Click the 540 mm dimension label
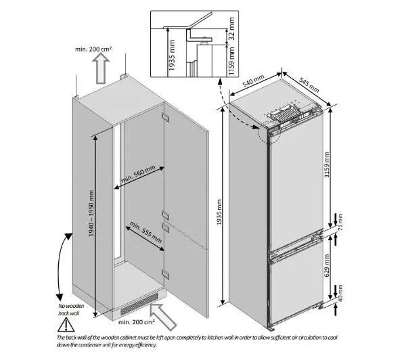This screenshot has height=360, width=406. tap(253, 81)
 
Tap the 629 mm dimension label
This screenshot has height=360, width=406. tap(327, 265)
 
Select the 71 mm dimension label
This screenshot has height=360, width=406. tap(340, 222)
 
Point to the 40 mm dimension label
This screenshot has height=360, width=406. tap(340, 293)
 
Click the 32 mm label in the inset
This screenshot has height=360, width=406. tap(231, 28)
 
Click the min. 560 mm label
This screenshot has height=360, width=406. tap(138, 175)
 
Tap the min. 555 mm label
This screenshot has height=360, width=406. tap(145, 232)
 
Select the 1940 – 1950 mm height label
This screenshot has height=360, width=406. tap(91, 213)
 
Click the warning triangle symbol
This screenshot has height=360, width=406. tap(66, 325)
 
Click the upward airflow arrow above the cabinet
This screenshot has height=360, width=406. tap(101, 68)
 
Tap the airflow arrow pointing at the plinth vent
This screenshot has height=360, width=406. tap(163, 317)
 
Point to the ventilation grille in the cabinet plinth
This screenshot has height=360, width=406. tap(139, 304)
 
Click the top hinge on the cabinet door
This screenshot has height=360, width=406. tap(165, 117)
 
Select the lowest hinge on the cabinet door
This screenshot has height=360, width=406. tap(166, 274)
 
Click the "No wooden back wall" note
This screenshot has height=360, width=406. tap(71, 309)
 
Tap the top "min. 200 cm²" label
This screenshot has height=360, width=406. tap(93, 49)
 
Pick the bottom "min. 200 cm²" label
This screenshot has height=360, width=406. tap(137, 322)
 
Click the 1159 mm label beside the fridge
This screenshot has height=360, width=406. tap(327, 164)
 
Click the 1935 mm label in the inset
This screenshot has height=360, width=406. tap(172, 55)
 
